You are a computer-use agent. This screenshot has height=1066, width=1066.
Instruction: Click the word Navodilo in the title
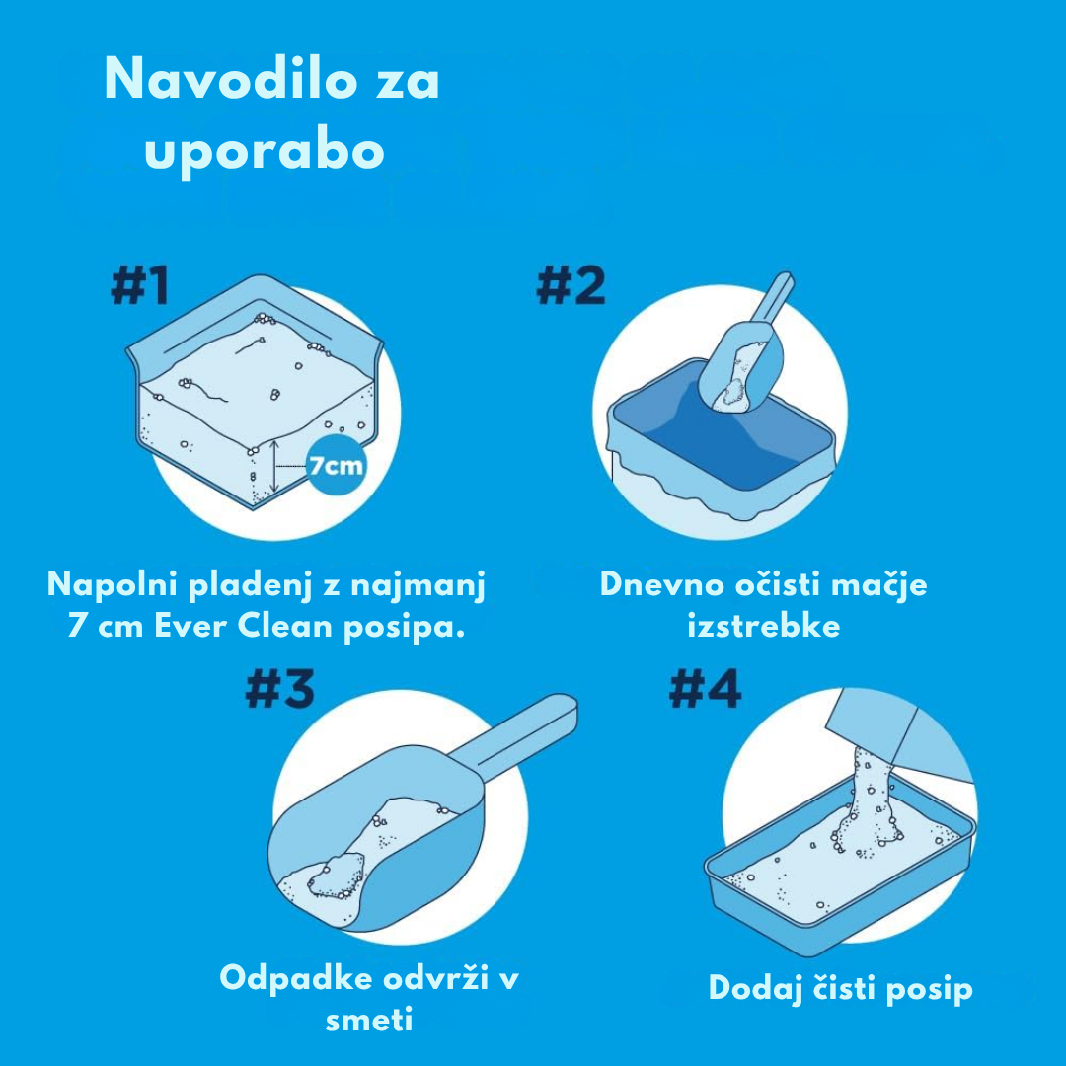pos(230,79)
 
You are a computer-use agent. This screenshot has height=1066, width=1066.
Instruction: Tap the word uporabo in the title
pos(265,150)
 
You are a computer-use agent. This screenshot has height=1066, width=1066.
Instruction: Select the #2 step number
pos(570,285)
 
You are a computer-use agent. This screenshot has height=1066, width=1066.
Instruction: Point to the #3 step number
pos(279,689)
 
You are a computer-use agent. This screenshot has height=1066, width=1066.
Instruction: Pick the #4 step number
pos(705,689)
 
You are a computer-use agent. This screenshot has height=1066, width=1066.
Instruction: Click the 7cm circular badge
pos(336,466)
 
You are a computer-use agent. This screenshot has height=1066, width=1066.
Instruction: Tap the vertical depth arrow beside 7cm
pos(274,466)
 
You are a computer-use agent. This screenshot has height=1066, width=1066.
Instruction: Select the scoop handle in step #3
pos(516,737)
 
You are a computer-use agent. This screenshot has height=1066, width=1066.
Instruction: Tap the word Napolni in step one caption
pos(113,585)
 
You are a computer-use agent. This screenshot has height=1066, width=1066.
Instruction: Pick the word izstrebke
pos(763,626)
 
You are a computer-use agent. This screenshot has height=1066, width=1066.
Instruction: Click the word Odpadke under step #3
pos(296,979)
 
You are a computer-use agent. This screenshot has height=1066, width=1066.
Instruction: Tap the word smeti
pos(369,1020)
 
